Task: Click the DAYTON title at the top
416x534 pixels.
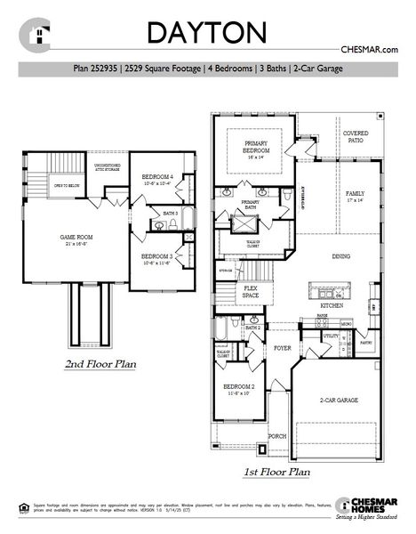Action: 206,32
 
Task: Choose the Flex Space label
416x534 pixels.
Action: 252,292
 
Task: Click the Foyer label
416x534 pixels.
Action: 283,348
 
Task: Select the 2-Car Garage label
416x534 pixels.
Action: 340,400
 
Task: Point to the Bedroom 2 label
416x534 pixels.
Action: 239,389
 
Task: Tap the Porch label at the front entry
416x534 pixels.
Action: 277,435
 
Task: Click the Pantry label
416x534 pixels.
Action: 366,340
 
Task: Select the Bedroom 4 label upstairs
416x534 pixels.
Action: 157,180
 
